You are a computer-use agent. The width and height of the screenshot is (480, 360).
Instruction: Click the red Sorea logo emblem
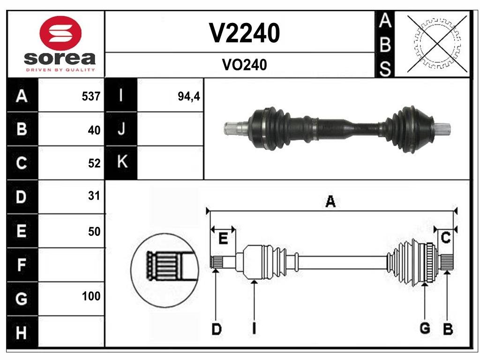60,33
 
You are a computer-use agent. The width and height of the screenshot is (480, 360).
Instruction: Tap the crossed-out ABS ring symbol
437,44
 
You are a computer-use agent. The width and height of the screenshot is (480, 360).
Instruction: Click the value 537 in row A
91,96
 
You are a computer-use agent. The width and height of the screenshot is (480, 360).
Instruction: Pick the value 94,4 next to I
189,96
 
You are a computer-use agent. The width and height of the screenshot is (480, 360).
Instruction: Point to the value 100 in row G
91,296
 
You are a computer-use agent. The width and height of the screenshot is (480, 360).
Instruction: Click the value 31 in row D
94,196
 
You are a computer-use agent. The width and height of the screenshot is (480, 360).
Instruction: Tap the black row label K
122,162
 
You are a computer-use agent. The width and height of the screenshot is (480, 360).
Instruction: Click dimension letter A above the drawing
330,202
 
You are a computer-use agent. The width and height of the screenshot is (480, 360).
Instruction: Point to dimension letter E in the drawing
223,238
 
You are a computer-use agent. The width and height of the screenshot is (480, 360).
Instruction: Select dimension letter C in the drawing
446,238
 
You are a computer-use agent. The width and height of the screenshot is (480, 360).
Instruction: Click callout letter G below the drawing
425,329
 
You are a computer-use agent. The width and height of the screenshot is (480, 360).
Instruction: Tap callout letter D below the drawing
216,329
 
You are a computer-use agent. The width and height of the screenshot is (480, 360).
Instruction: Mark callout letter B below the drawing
448,329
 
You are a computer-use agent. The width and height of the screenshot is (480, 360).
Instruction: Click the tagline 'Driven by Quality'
60,70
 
